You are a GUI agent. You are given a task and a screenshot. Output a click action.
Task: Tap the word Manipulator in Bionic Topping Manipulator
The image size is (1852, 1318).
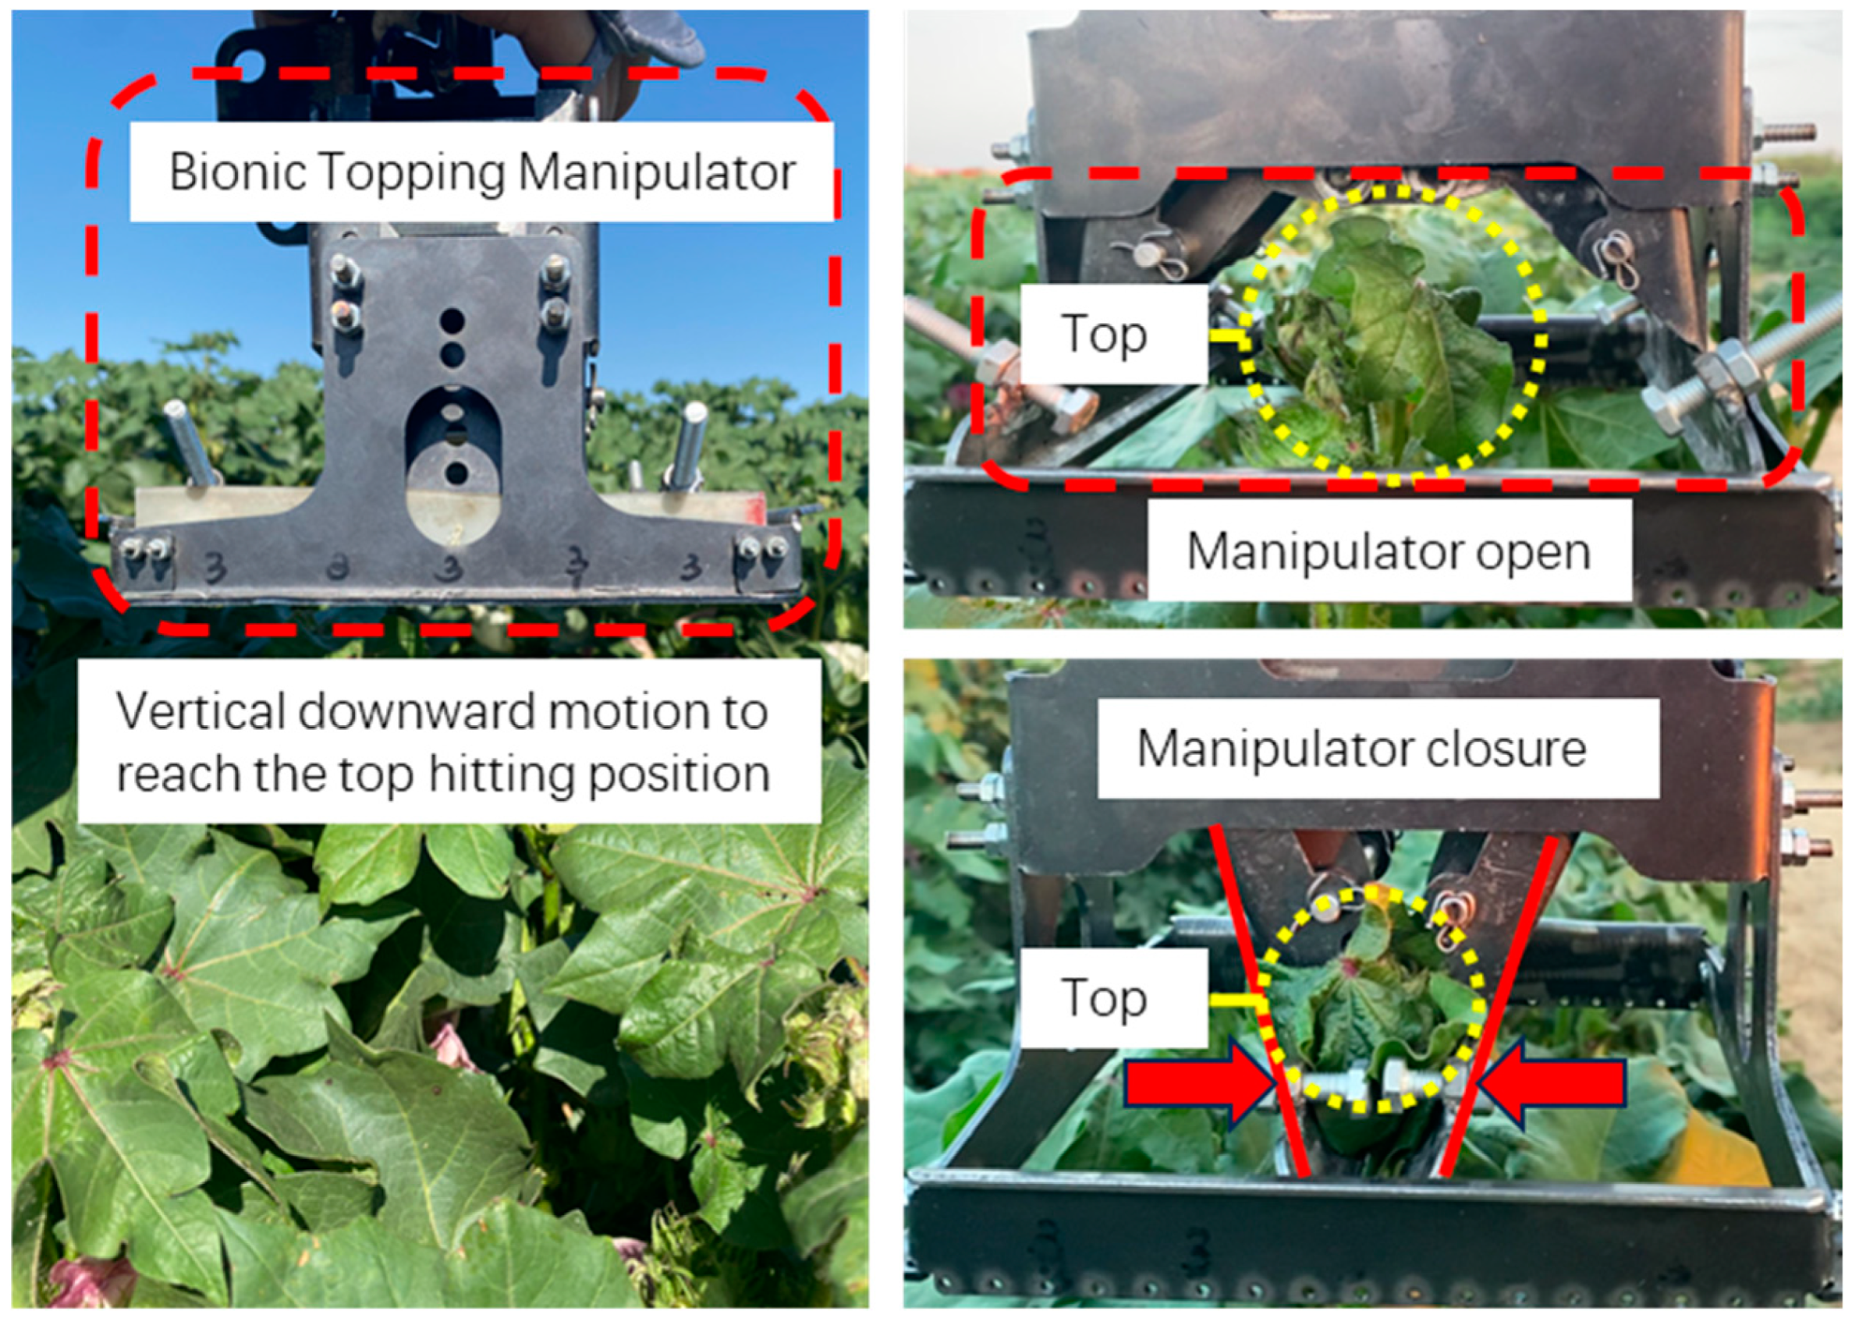(657, 172)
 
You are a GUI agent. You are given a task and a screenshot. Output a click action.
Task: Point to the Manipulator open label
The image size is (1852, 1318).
(1389, 552)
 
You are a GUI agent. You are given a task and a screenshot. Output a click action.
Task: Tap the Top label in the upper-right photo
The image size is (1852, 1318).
(1104, 334)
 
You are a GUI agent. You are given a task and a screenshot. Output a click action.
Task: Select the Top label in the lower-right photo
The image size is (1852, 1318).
(1104, 997)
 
